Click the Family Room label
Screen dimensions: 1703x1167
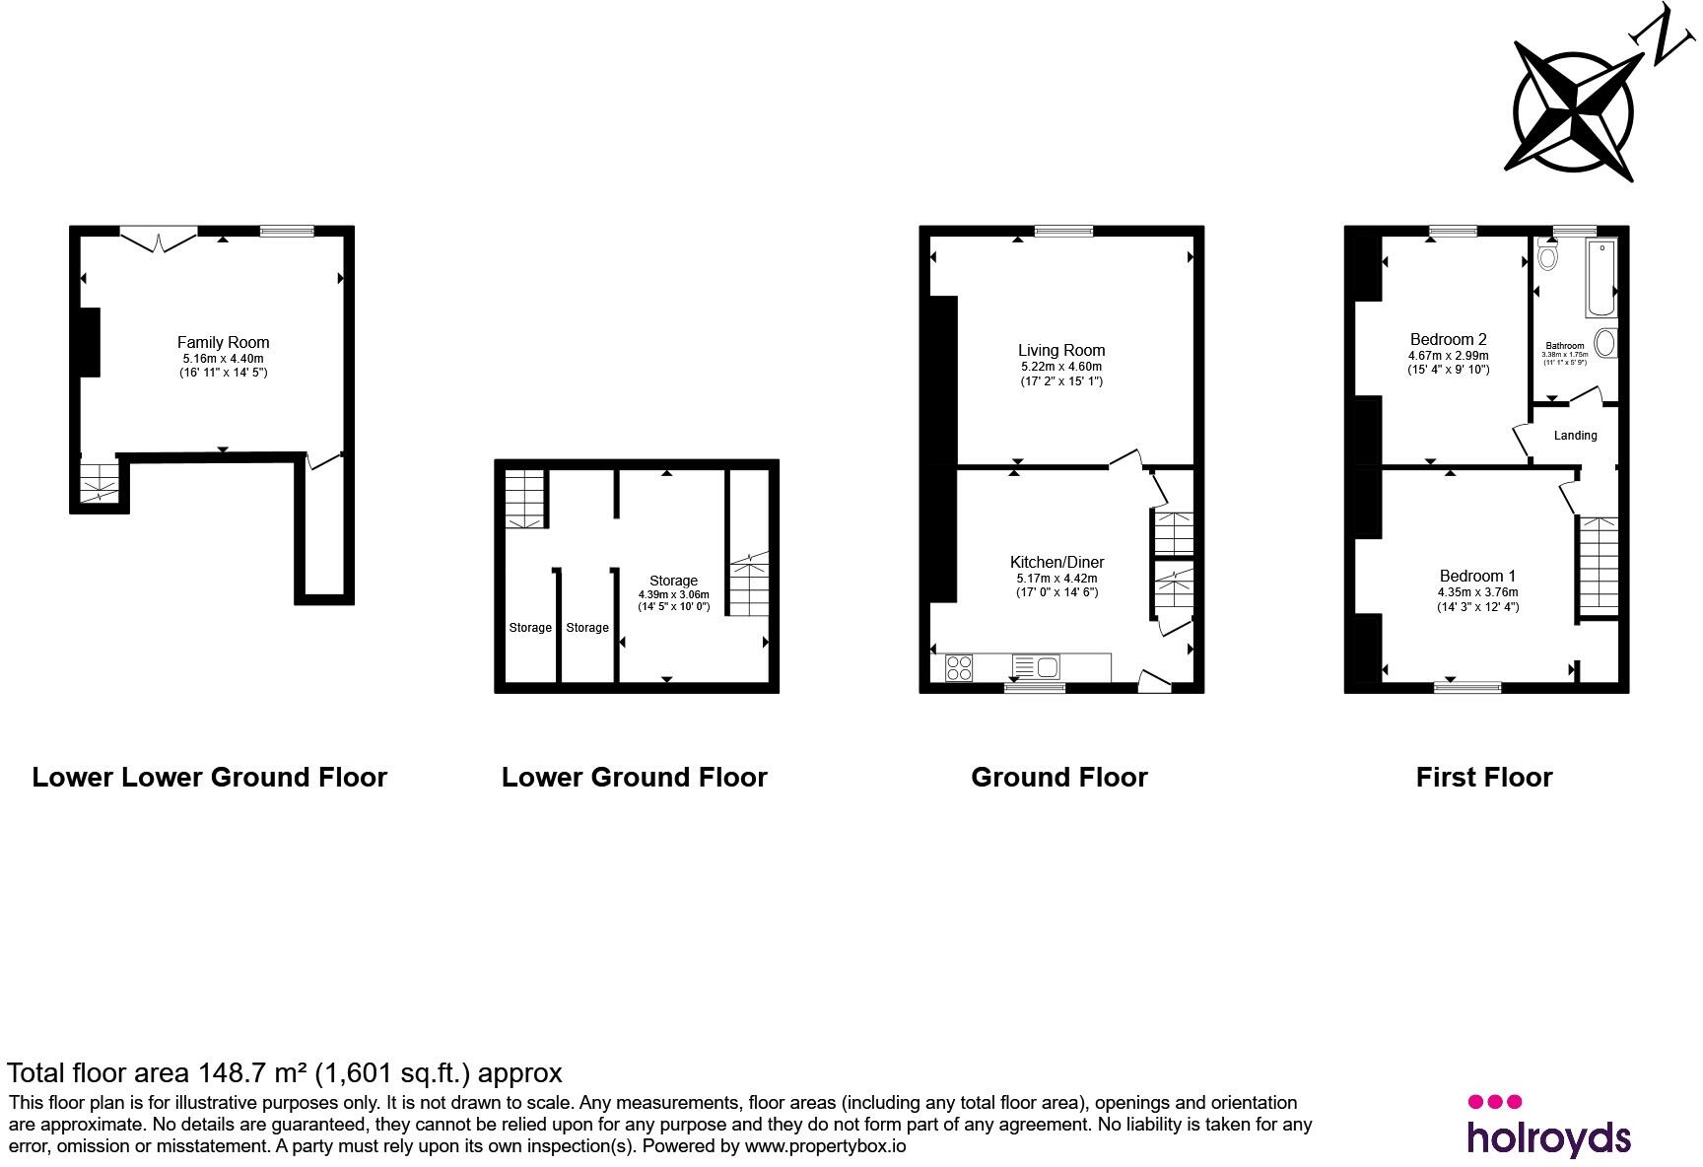(x=223, y=343)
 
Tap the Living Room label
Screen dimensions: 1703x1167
(x=1061, y=350)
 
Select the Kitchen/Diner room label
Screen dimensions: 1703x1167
(x=1059, y=563)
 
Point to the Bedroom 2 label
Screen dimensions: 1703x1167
(x=1448, y=339)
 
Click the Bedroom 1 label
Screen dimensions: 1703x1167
(x=1477, y=576)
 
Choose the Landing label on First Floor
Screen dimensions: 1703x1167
(x=1575, y=436)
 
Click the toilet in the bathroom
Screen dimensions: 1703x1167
(x=1548, y=255)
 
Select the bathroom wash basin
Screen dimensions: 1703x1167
(x=1605, y=343)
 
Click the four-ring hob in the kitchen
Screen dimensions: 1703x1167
(x=958, y=668)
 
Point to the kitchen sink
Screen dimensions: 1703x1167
(x=1036, y=668)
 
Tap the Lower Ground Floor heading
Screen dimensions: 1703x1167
(x=635, y=778)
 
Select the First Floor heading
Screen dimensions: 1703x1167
(x=1484, y=778)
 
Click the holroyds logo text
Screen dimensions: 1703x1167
(x=1548, y=1136)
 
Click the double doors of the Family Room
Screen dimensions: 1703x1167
(x=158, y=238)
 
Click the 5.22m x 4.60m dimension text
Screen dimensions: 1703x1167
(x=1061, y=367)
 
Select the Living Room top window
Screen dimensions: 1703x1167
(x=1064, y=232)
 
